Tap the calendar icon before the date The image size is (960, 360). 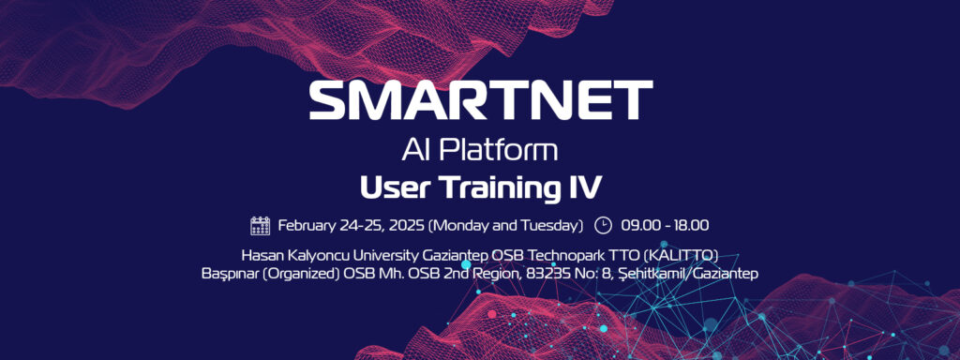point(261,225)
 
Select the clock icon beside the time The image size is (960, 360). point(603,225)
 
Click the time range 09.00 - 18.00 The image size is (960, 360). point(665,225)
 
